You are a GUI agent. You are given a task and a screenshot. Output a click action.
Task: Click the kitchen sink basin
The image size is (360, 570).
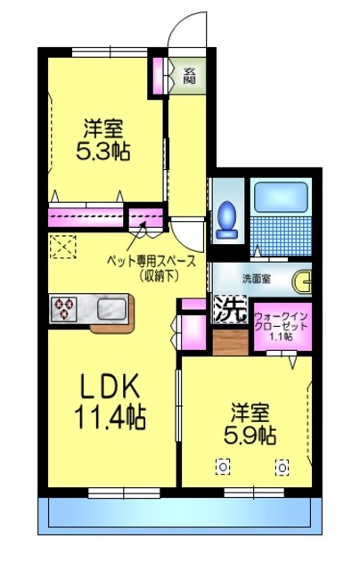(x=110, y=309)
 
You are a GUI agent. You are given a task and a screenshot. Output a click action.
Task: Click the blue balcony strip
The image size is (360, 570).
(x=177, y=515)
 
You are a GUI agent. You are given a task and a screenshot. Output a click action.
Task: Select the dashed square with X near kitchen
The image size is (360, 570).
(x=63, y=244)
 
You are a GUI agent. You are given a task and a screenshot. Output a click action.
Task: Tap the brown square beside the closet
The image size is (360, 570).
(x=230, y=342)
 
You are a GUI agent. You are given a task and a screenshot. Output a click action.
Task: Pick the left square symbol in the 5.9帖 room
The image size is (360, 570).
(x=223, y=465)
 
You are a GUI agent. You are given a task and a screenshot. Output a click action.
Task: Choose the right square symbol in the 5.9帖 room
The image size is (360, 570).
(x=282, y=465)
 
